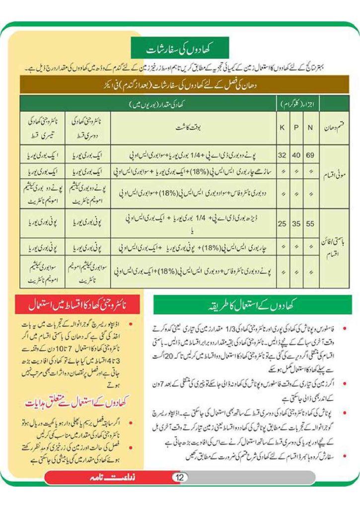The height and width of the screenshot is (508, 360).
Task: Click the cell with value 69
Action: pyautogui.click(x=310, y=155)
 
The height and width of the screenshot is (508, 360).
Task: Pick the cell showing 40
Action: pyautogui.click(x=296, y=155)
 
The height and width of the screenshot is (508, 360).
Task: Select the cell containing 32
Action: pyautogui.click(x=282, y=155)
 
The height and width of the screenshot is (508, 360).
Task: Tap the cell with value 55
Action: pyautogui.click(x=310, y=223)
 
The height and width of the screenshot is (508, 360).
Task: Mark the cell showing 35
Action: pyautogui.click(x=296, y=223)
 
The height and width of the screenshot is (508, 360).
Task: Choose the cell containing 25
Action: pyautogui.click(x=282, y=223)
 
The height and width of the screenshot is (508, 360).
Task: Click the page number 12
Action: pyautogui.click(x=179, y=478)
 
